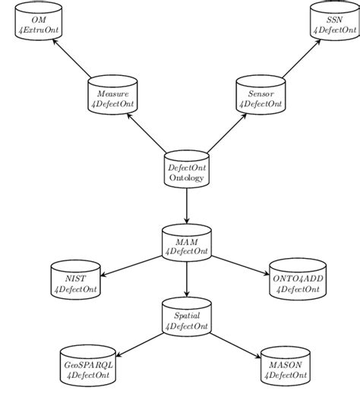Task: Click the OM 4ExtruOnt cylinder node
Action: pyautogui.click(x=39, y=24)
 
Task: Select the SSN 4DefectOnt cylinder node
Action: pyautogui.click(x=334, y=24)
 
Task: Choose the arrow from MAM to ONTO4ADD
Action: pyautogui.click(x=241, y=265)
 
